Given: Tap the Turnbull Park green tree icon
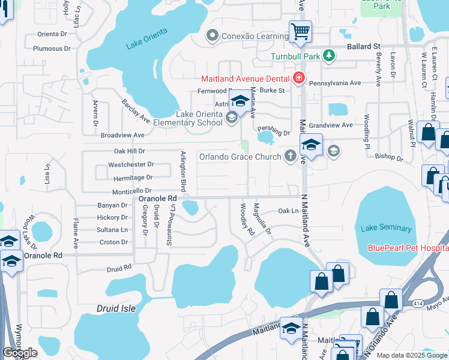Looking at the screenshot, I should click(x=328, y=56).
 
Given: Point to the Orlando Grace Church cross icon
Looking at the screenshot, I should click(x=291, y=157).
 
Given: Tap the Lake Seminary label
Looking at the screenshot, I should click(x=387, y=228).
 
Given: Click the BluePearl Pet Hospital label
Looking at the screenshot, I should click(x=408, y=248).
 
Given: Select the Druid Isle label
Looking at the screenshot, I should click(x=116, y=308).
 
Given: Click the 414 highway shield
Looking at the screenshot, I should click(x=417, y=304).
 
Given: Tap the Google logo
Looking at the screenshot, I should click(x=20, y=353).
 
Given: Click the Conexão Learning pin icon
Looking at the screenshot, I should click(x=211, y=36).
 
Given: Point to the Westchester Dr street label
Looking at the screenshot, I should click(x=131, y=164).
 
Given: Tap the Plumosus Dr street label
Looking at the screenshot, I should click(x=52, y=49).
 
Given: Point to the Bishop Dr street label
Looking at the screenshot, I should click(x=388, y=157).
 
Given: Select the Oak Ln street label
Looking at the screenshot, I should click(x=288, y=211).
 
